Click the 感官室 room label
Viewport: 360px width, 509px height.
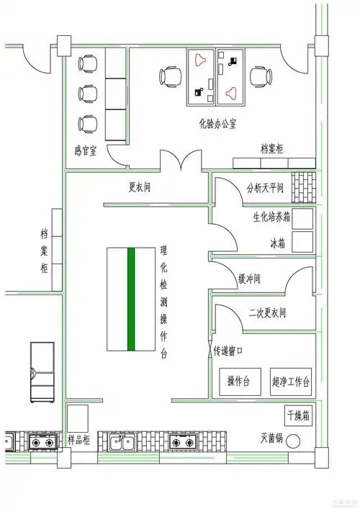pyautogui.click(x=86, y=151)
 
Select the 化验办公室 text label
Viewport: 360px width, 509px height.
pyautogui.click(x=218, y=124)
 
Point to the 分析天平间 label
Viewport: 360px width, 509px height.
pyautogui.click(x=264, y=189)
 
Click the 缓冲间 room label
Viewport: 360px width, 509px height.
pyautogui.click(x=248, y=279)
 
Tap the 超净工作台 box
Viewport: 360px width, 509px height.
pyautogui.click(x=291, y=381)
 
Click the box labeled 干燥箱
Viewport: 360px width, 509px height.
pyautogui.click(x=297, y=415)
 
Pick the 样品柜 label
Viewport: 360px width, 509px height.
pyautogui.click(x=79, y=438)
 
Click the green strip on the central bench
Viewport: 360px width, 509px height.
pyautogui.click(x=131, y=299)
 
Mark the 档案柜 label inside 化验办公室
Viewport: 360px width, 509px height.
pyautogui.click(x=272, y=149)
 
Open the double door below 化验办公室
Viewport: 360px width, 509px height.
pyautogui.click(x=181, y=162)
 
